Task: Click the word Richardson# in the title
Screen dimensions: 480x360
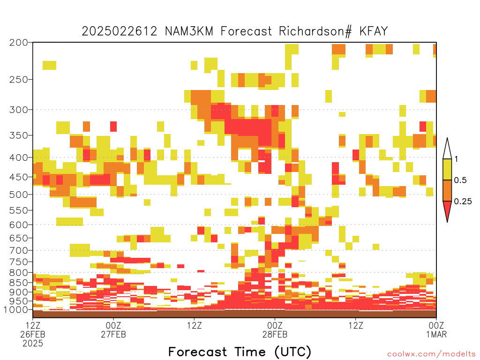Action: pyautogui.click(x=315, y=31)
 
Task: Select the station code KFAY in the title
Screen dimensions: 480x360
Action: pyautogui.click(x=374, y=31)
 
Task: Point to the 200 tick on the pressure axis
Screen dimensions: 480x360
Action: pyautogui.click(x=19, y=43)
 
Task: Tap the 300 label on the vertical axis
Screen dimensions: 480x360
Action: pyautogui.click(x=19, y=110)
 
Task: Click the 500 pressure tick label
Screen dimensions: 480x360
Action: pyautogui.click(x=19, y=195)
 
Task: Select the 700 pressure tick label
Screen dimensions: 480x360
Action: pyautogui.click(x=19, y=250)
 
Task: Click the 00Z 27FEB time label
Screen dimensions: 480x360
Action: pyautogui.click(x=113, y=330)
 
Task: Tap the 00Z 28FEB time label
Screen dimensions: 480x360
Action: pyautogui.click(x=275, y=330)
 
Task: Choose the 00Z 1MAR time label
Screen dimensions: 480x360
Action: pyautogui.click(x=436, y=330)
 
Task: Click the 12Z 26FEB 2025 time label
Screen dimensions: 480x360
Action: pyautogui.click(x=33, y=334)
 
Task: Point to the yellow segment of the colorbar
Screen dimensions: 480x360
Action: pyautogui.click(x=447, y=169)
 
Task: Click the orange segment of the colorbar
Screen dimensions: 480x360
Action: pyautogui.click(x=447, y=190)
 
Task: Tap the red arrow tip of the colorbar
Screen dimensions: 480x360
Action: pyautogui.click(x=447, y=222)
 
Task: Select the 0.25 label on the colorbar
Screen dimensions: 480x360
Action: pyautogui.click(x=463, y=201)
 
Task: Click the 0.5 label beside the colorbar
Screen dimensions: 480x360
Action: pyautogui.click(x=460, y=180)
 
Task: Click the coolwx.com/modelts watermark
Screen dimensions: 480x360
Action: pyautogui.click(x=432, y=354)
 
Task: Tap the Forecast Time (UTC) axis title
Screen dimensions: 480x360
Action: pyautogui.click(x=240, y=352)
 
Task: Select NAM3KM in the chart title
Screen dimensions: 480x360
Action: pyautogui.click(x=189, y=31)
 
